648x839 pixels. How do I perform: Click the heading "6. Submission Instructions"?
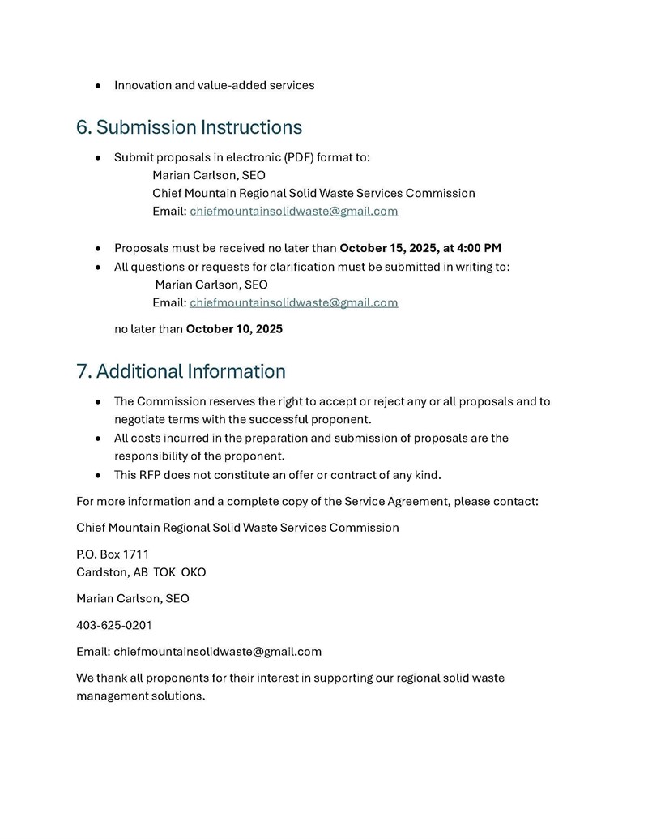(189, 127)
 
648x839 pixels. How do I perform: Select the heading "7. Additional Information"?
(181, 371)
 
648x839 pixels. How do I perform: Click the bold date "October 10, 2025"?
(234, 329)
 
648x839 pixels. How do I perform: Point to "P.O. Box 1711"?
(113, 554)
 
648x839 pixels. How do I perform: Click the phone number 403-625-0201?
(114, 625)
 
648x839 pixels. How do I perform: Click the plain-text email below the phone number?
(217, 651)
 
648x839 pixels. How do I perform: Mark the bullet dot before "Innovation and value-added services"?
(98, 85)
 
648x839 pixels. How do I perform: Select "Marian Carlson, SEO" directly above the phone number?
(133, 599)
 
